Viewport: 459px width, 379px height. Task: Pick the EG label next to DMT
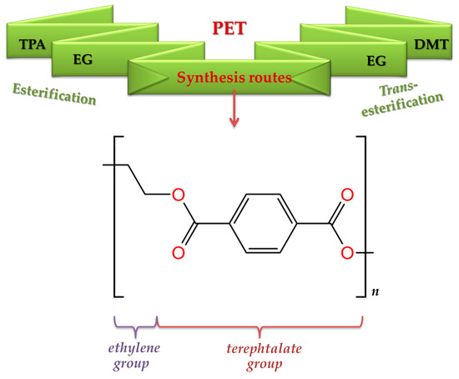378,60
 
